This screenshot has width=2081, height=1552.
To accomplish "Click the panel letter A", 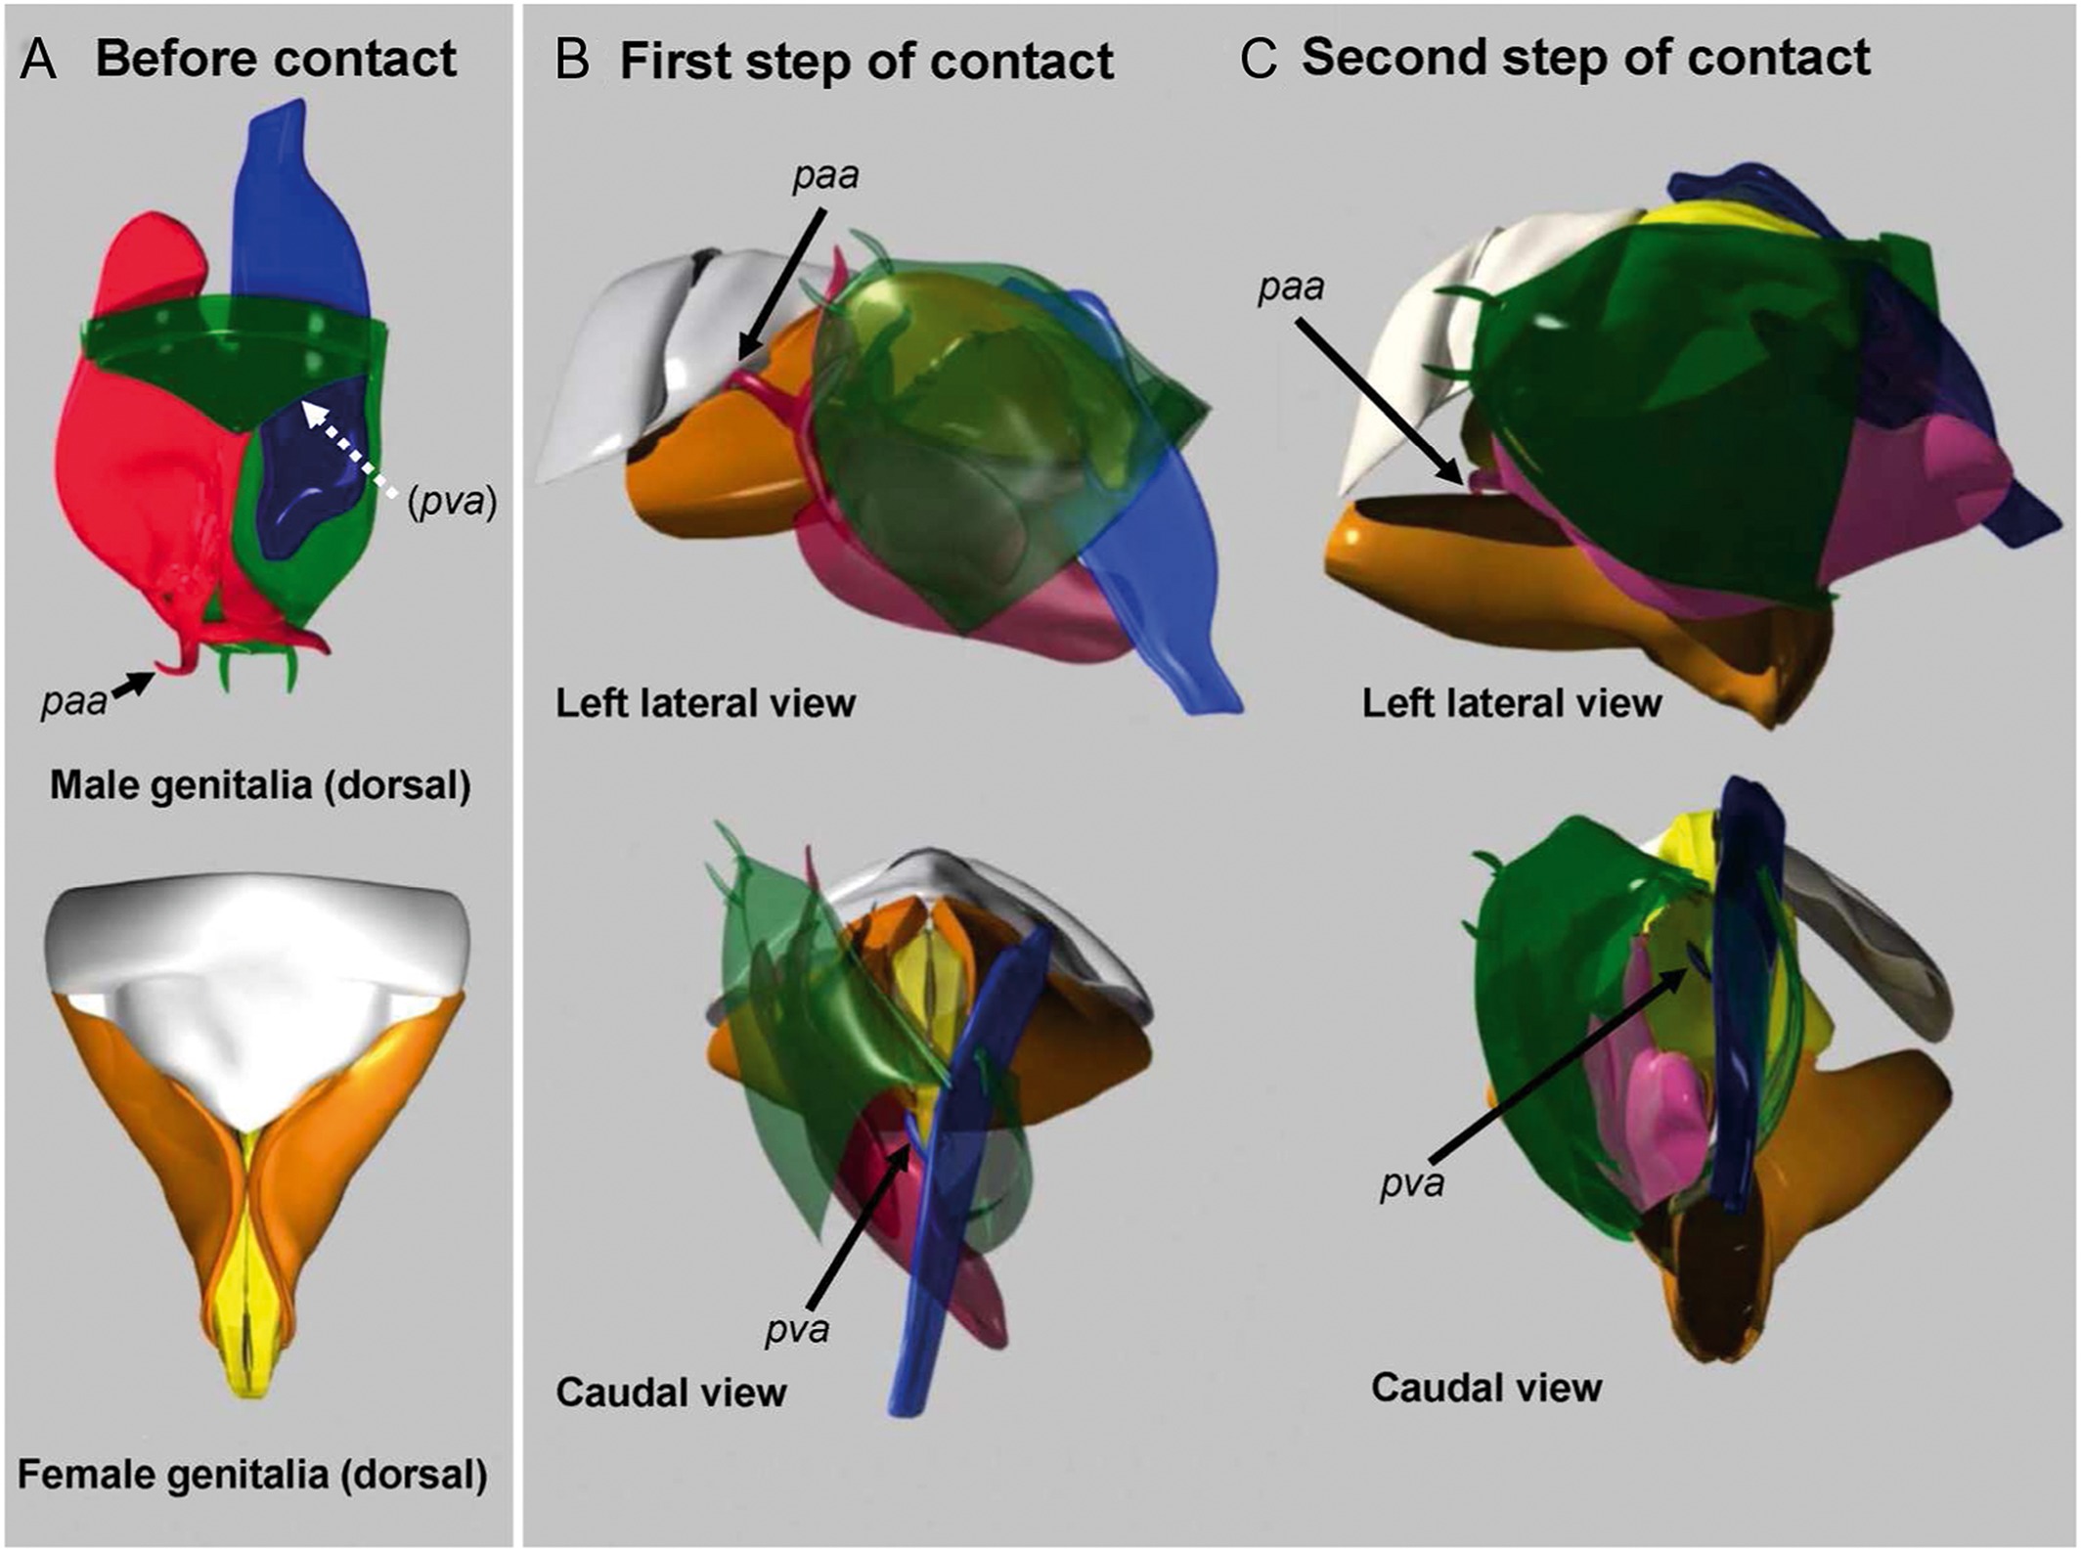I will click(39, 60).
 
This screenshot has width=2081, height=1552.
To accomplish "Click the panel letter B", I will click(572, 61).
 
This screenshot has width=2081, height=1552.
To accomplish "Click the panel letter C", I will click(1259, 60).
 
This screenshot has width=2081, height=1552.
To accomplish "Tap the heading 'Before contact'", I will click(276, 59).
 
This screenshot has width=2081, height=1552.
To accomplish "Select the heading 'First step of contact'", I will click(866, 62).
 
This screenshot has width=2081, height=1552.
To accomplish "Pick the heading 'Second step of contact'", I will click(1585, 58).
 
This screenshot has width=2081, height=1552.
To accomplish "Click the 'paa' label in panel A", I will click(73, 701).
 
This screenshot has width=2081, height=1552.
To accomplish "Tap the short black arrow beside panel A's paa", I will click(133, 684).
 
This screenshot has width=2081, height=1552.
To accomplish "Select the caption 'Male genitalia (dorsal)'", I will click(260, 785).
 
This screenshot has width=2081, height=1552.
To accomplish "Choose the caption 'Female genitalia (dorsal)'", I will click(252, 1475).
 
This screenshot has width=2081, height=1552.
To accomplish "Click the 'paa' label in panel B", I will click(826, 176).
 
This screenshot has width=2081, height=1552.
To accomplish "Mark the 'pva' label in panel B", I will click(797, 1329).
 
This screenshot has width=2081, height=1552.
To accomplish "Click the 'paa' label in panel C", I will click(1291, 288).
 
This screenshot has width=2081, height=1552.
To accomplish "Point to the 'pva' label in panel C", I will click(1412, 1184).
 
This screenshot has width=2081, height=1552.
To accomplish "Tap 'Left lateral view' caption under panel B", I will click(705, 703).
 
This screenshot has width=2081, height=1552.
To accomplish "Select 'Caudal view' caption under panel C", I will click(1486, 1388).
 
